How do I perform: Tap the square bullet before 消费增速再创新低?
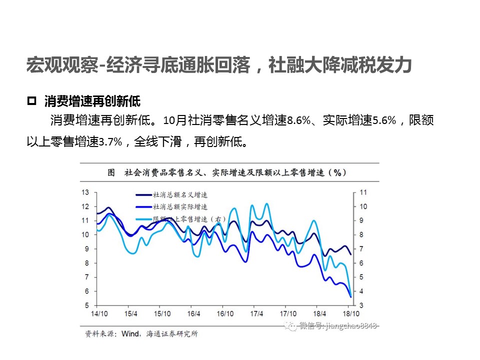31,101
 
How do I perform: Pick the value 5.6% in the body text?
385,120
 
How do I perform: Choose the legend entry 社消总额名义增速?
180,195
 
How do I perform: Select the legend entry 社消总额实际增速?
180,206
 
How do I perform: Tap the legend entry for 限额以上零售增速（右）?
189,218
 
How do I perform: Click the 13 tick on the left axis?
85,192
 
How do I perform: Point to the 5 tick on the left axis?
87,305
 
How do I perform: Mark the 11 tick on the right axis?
363,192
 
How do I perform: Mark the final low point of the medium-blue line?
350,297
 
